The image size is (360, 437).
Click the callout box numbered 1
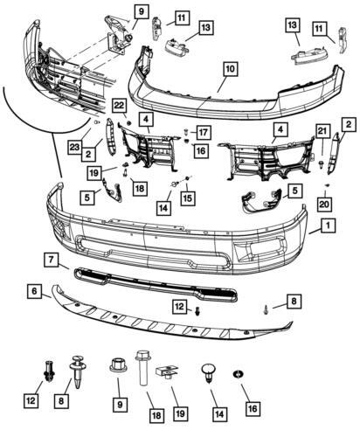(328, 225)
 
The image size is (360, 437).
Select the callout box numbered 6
(35, 291)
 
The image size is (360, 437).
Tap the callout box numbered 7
(52, 260)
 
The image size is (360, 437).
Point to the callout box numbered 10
(231, 69)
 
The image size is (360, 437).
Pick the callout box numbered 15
(188, 198)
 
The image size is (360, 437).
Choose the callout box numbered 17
(204, 133)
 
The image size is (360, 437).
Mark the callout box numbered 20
(324, 204)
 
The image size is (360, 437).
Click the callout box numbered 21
(322, 131)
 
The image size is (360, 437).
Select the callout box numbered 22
(119, 105)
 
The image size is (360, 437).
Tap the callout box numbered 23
(74, 147)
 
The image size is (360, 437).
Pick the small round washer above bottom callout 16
(239, 374)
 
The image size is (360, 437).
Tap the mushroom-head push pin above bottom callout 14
(209, 372)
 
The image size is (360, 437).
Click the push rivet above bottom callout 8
(77, 371)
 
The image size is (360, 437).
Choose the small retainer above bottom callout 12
(48, 371)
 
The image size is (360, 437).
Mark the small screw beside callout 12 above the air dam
(197, 311)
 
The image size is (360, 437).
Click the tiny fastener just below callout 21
(322, 164)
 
